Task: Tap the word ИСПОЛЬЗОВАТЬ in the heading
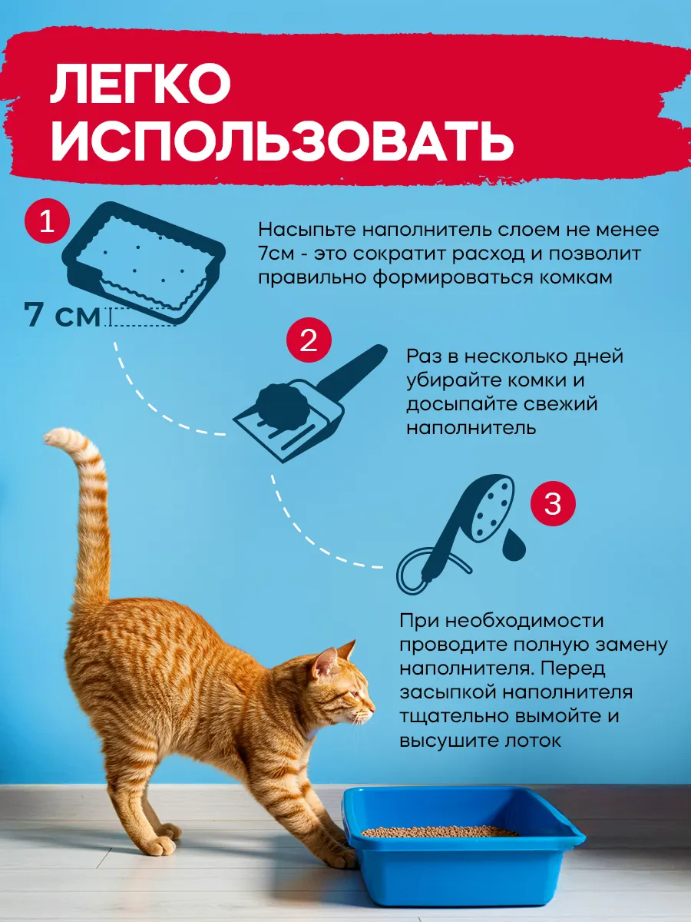click(283, 142)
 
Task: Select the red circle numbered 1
click(47, 221)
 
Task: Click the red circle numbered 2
click(309, 340)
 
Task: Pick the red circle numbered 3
click(553, 503)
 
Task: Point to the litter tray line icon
click(144, 263)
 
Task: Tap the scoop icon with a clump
click(310, 403)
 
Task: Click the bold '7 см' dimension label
click(62, 315)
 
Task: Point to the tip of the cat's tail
click(49, 438)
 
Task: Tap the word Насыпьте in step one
click(308, 230)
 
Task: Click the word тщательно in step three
click(454, 717)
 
